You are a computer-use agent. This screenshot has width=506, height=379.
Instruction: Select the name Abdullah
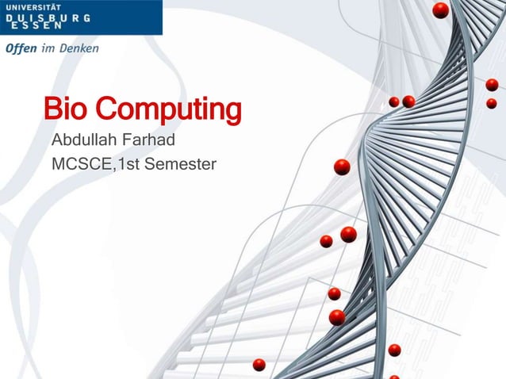[x=83, y=142]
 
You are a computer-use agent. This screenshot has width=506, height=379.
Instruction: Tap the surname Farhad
[x=148, y=142]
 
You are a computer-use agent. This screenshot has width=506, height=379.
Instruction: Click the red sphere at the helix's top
[x=440, y=10]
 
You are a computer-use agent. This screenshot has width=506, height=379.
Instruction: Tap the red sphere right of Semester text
[x=342, y=167]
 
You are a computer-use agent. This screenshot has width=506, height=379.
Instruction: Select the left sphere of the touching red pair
[x=394, y=101]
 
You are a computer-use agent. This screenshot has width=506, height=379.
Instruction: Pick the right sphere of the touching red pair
[x=408, y=101]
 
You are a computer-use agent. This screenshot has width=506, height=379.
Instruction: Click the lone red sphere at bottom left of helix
[x=259, y=364]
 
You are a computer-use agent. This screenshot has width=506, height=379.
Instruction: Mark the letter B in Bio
[x=55, y=112]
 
